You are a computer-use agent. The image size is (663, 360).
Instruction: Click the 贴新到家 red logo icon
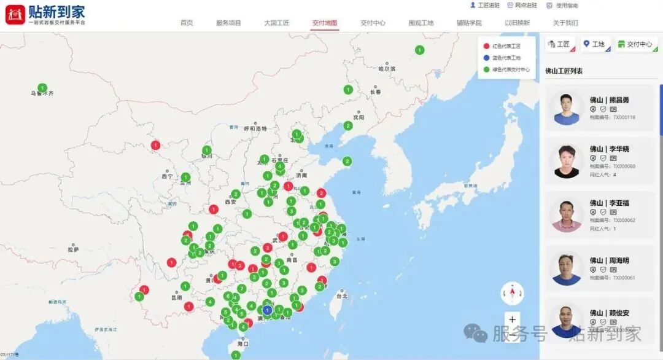tap(15, 14)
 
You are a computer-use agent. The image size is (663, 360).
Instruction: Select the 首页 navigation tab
tap(187, 23)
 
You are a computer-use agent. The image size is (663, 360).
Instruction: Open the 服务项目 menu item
tap(228, 23)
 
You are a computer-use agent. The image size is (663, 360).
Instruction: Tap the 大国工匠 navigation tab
tap(276, 23)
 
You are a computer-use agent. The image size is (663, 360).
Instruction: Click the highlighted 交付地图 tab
tap(324, 23)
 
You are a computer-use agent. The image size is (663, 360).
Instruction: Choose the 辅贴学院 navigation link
tap(469, 23)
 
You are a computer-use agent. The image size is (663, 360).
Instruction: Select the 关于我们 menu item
tap(565, 23)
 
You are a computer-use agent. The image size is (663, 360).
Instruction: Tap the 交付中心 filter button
tap(636, 44)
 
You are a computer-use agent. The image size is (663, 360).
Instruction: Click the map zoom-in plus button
tap(512, 319)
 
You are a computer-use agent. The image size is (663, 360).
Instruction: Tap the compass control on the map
tap(512, 294)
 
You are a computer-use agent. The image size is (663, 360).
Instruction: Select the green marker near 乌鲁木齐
tap(42, 88)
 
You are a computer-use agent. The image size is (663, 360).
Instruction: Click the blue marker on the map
tap(267, 310)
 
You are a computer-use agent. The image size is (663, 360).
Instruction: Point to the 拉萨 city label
tap(74, 249)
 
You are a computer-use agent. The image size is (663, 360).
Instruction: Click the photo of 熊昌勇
tap(566, 109)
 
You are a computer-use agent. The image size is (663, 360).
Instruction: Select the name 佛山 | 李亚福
tap(609, 203)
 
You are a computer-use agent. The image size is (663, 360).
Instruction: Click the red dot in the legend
tap(486, 46)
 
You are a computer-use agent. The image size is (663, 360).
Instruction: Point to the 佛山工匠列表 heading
tap(564, 71)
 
